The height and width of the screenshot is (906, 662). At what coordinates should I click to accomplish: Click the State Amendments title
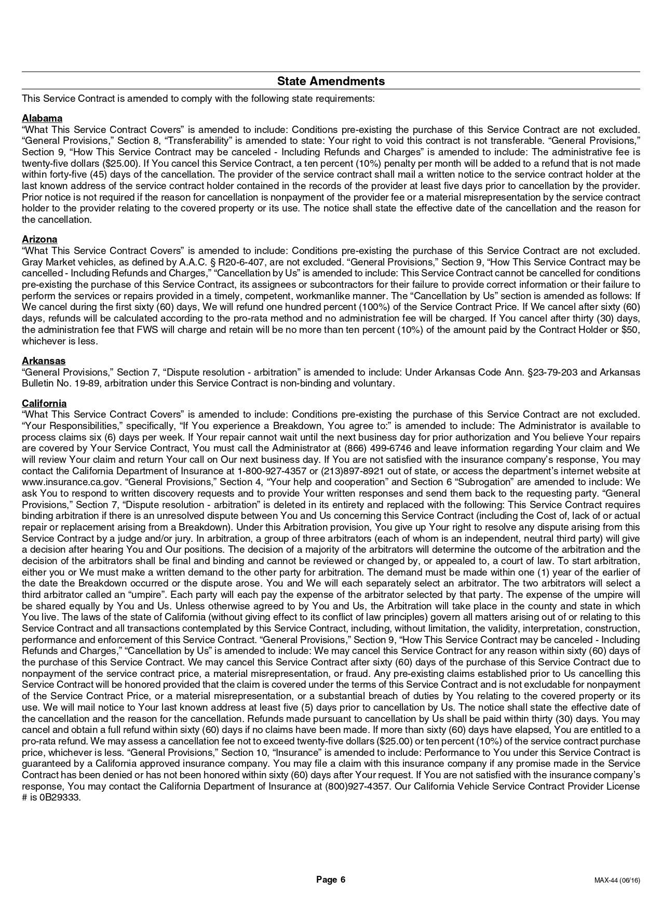click(x=331, y=81)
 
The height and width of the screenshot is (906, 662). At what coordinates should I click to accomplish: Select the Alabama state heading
click(x=42, y=118)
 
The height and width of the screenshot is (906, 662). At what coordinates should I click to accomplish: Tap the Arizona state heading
click(x=39, y=239)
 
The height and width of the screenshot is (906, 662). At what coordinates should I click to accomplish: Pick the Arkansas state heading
click(x=44, y=361)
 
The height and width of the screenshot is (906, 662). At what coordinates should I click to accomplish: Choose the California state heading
click(x=44, y=404)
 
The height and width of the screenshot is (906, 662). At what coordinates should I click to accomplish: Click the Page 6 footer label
click(x=331, y=880)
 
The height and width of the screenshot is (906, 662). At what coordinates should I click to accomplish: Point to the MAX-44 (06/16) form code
click(x=617, y=880)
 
